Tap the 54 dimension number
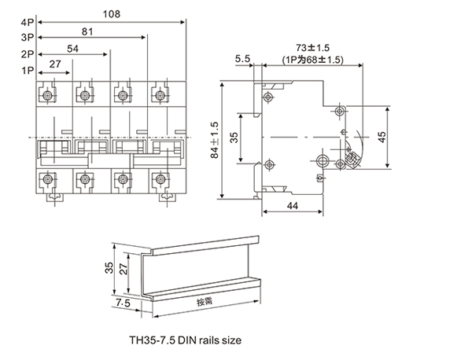(73, 49)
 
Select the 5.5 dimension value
(242, 58)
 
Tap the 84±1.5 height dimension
(216, 140)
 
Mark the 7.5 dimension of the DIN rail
(124, 301)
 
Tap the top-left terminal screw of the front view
(49, 96)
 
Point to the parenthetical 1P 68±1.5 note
(312, 59)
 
